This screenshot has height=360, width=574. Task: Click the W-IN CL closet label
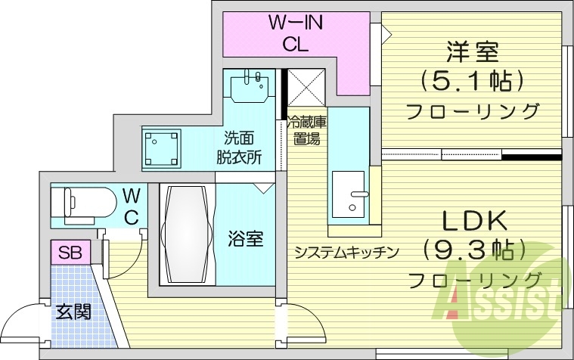[x=295, y=33]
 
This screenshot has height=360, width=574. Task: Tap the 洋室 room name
[x=470, y=53]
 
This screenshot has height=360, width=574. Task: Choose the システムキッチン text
[x=346, y=253]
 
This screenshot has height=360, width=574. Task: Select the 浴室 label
[x=246, y=240]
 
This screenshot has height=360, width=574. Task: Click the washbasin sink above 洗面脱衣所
[x=250, y=86]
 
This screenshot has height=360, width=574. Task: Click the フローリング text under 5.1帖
[x=473, y=112]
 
